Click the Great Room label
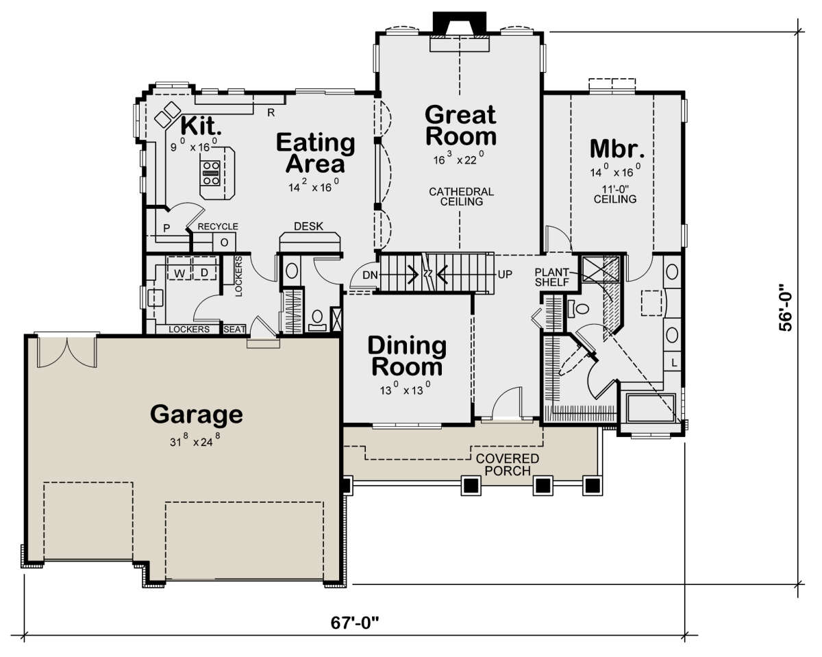460,125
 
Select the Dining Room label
407,356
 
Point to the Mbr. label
617,149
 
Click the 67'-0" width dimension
355,623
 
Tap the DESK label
309,227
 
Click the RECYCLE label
218,227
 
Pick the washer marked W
179,268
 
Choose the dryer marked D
204,268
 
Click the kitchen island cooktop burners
211,173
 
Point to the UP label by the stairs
505,274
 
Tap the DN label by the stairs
370,275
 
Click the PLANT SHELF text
551,277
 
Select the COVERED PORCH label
508,464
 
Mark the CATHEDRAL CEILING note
462,197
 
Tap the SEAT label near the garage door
234,330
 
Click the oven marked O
224,242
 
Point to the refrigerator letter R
271,112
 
